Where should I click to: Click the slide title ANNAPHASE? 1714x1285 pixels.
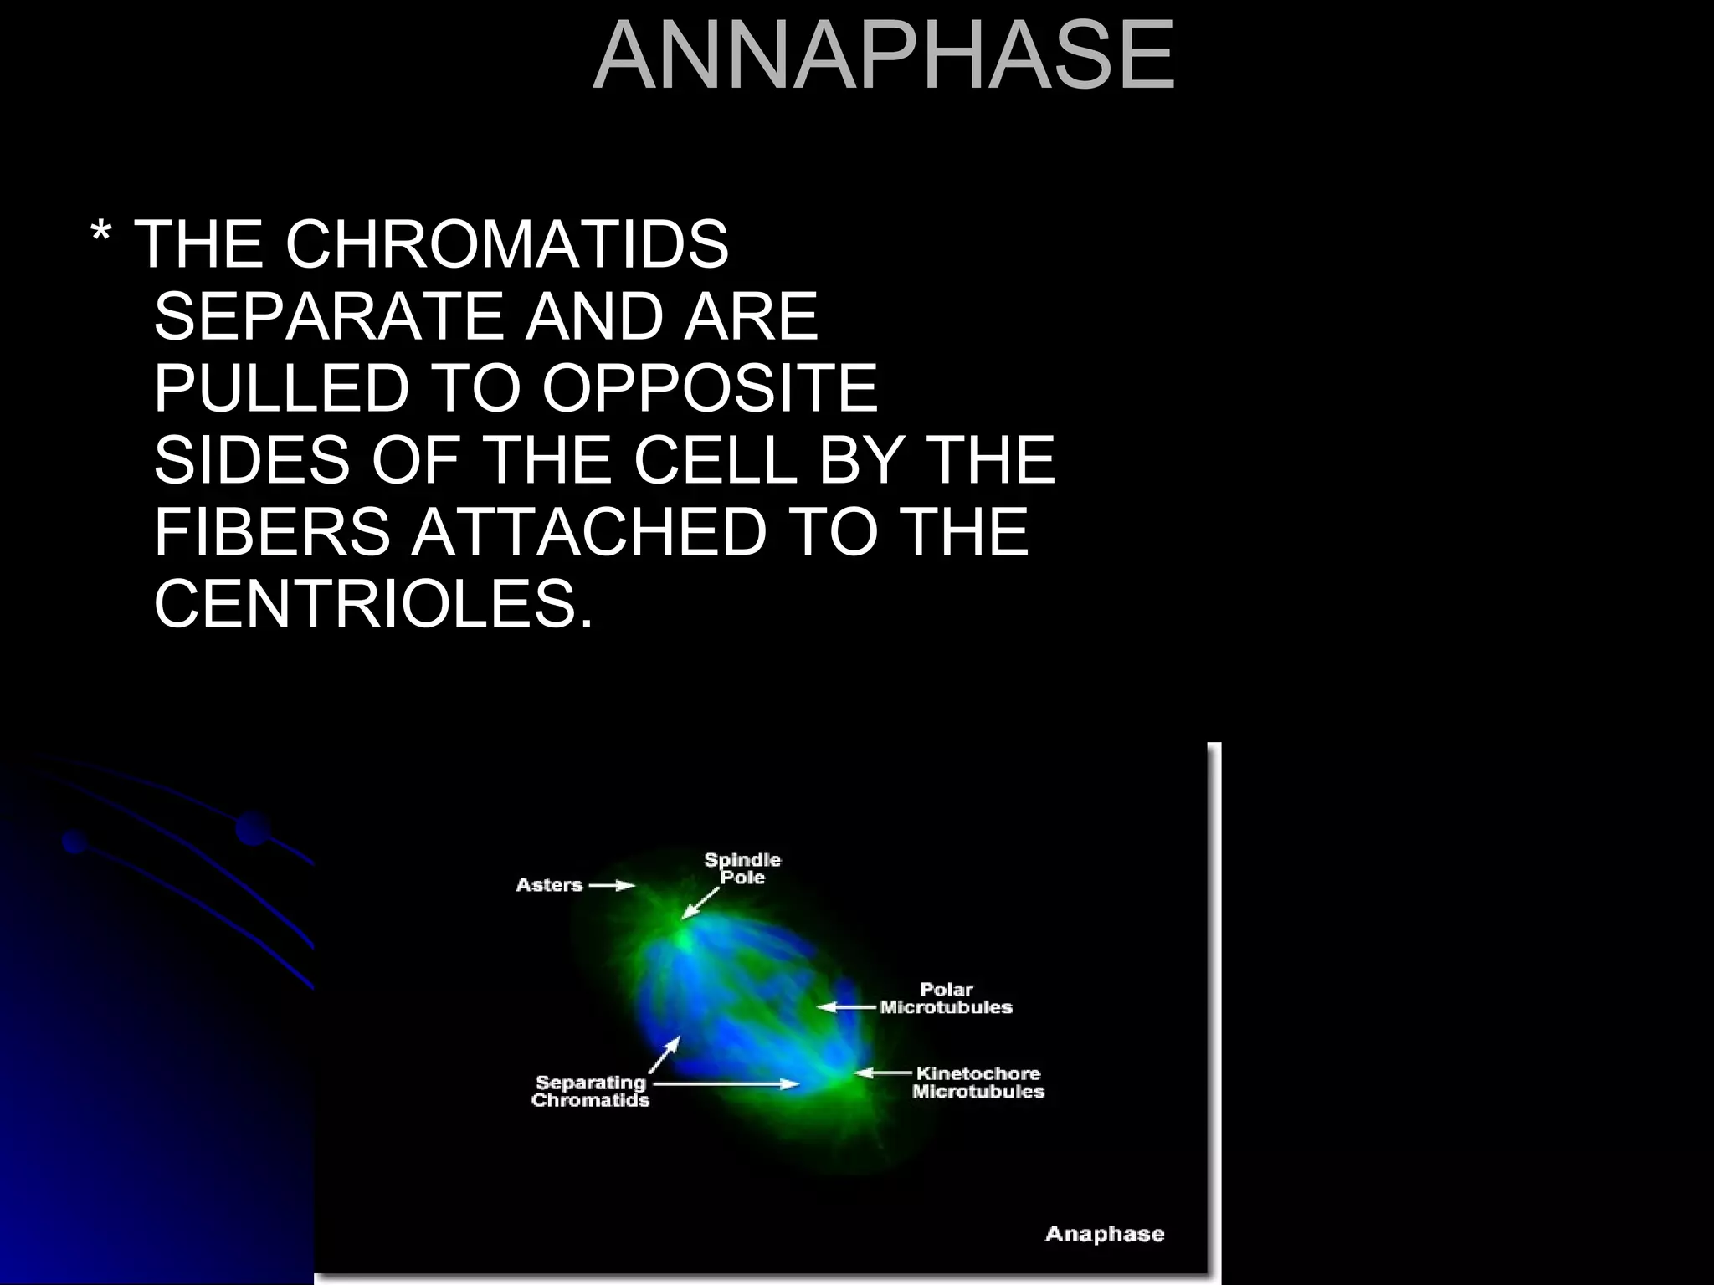point(884,55)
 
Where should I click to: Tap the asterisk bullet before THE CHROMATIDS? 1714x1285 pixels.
point(100,241)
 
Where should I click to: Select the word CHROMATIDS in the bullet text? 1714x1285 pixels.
point(507,244)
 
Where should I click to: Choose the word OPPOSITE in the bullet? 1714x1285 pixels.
point(710,388)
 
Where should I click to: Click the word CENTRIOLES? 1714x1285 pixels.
point(372,603)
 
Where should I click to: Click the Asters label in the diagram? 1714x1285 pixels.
point(549,885)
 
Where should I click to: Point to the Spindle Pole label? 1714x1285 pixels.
point(742,868)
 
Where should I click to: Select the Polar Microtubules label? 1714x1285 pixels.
point(947,999)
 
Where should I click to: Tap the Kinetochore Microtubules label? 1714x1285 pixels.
point(978,1083)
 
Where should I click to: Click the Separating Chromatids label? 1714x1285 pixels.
point(590,1092)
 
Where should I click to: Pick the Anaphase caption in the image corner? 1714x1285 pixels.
point(1105,1234)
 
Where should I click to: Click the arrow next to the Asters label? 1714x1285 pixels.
point(612,885)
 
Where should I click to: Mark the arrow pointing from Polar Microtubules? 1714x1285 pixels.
point(847,1007)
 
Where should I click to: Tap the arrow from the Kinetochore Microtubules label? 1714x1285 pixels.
point(882,1073)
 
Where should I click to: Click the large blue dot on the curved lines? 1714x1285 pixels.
point(253,828)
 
